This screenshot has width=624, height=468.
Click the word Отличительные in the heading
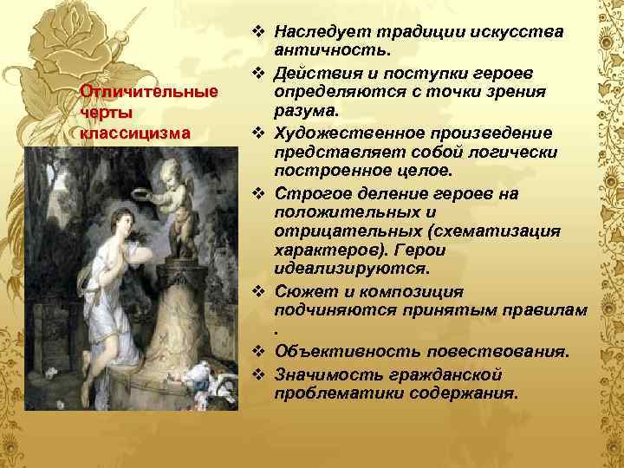pyautogui.click(x=147, y=92)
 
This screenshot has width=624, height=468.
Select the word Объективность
pyautogui.click(x=335, y=352)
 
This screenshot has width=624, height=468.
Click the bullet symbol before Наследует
pyautogui.click(x=258, y=32)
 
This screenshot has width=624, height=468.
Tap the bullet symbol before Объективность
pyautogui.click(x=258, y=351)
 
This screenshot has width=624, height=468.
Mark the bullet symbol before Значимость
pyautogui.click(x=258, y=373)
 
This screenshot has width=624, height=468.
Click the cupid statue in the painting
pyautogui.click(x=178, y=199)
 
